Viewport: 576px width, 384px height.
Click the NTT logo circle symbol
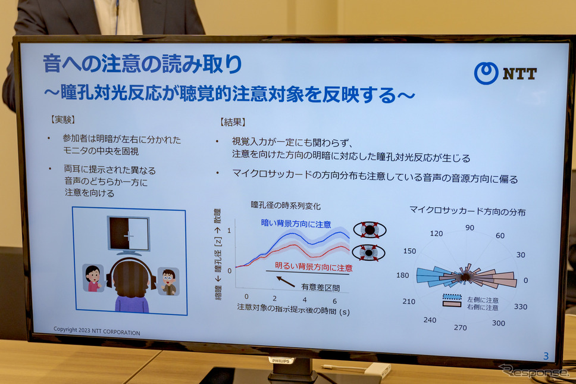pos(486,73)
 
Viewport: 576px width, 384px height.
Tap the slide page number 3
pos(546,355)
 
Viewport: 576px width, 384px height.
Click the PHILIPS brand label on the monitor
pos(281,361)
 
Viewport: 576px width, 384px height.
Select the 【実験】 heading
pos(63,120)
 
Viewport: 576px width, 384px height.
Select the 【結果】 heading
pos(233,122)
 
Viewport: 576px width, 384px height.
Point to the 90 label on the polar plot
pos(469,228)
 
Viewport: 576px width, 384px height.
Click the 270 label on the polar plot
pos(461,327)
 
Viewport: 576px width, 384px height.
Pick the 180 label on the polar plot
pos(403,275)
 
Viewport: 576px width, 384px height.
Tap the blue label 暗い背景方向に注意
pos(296,223)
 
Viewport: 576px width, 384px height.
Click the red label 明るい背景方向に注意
pos(314,267)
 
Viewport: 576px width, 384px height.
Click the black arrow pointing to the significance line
pos(286,282)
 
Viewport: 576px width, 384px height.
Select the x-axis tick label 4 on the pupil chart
pos(305,299)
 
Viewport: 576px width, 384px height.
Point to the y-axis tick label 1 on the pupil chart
pos(229,230)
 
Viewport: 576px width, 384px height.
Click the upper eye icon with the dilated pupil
pos(370,230)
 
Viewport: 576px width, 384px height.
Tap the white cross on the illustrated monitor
pos(129,236)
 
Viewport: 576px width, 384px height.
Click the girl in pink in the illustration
pos(93,278)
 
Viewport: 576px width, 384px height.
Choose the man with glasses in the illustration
pos(168,282)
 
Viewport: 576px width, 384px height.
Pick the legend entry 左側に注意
pos(483,300)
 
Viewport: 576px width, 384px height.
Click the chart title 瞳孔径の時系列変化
pos(286,205)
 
